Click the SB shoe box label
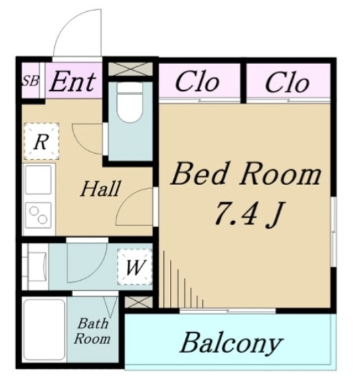[30, 81]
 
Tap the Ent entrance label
[72, 82]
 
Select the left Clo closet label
[197, 83]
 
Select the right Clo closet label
[287, 83]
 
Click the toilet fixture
[130, 102]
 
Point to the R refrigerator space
[41, 142]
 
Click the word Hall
[100, 188]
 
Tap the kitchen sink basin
[39, 179]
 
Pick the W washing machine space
[134, 267]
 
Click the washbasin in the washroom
[37, 267]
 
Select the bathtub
[45, 330]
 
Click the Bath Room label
[92, 331]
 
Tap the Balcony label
[232, 344]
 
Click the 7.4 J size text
[248, 215]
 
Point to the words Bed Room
[246, 174]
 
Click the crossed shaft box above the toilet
[130, 69]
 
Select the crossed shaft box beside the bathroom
[139, 302]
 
